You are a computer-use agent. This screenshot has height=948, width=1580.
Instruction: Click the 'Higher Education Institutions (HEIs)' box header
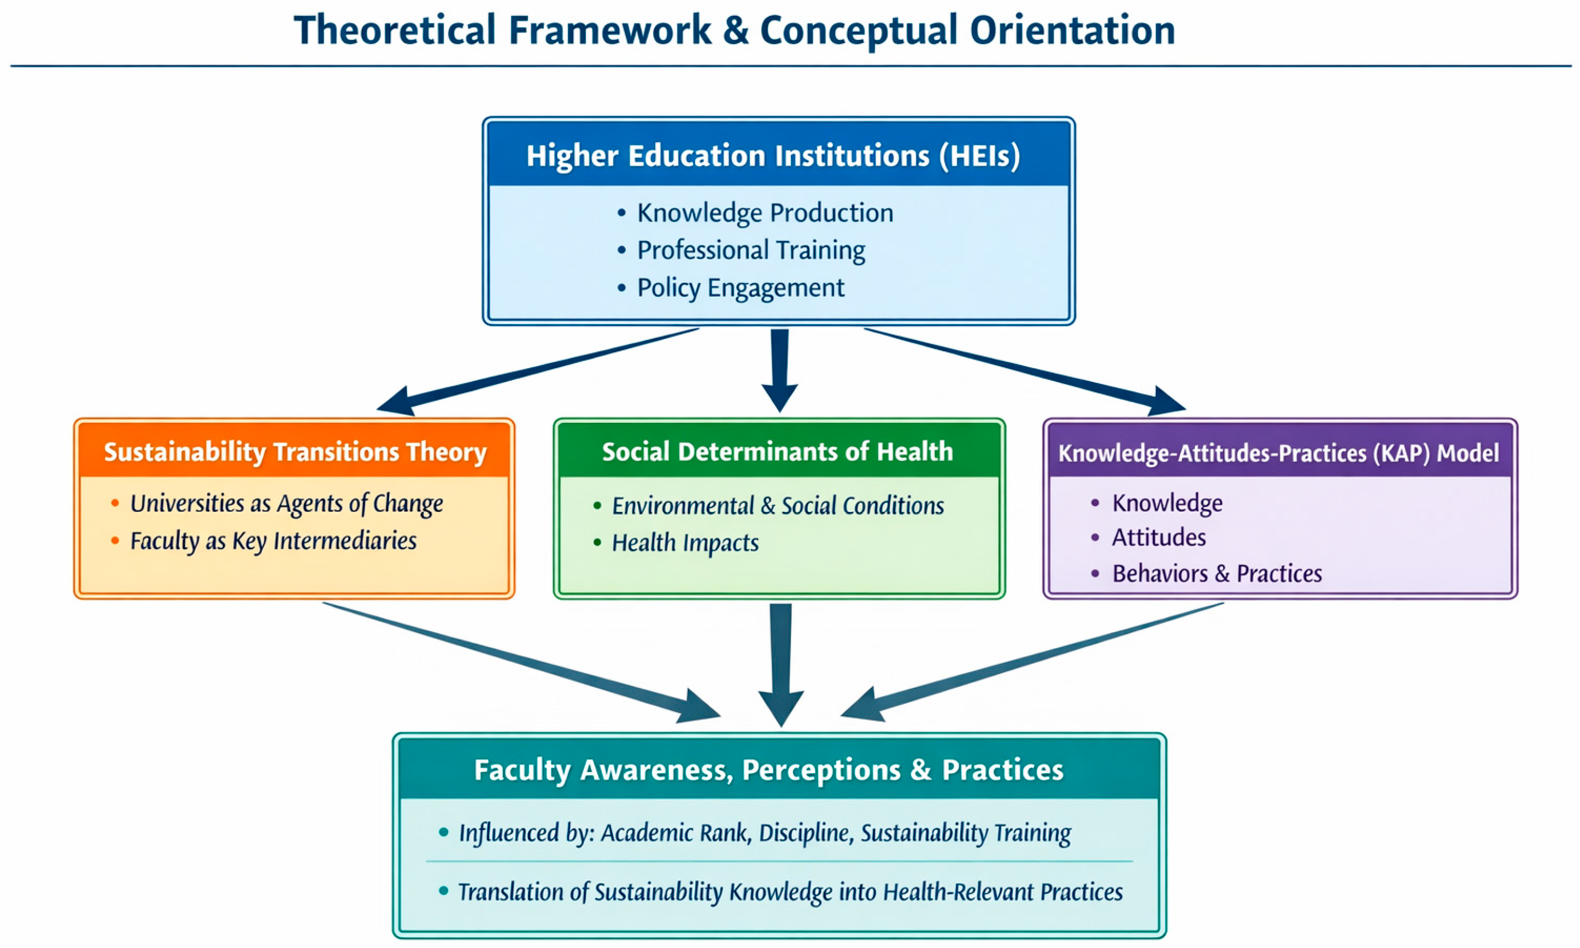pos(773,156)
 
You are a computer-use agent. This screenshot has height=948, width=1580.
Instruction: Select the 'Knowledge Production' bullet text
pos(765,213)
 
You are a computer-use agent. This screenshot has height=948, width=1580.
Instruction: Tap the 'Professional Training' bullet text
pos(751,250)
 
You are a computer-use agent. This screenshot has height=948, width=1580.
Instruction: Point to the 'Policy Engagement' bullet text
pos(741,287)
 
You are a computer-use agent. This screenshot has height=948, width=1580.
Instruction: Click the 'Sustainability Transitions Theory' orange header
pos(295,452)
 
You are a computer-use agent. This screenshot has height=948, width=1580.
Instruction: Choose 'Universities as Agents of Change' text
pos(286,503)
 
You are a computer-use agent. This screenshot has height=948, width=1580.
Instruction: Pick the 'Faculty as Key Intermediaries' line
pos(273,540)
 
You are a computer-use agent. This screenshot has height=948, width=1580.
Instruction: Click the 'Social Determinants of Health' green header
pos(778,452)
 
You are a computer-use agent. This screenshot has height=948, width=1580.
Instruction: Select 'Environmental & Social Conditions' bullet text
pos(778,505)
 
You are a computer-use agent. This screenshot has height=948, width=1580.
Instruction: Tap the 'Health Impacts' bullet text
pos(685,543)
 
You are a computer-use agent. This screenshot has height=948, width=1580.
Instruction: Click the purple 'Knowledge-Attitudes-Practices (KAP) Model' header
pos(1278,453)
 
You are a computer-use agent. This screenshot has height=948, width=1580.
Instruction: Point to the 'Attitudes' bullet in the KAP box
pos(1158,537)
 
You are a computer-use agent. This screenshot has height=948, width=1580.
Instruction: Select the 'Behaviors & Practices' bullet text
pos(1217,573)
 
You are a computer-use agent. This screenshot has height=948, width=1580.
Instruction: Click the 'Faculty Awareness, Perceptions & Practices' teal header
pos(768,770)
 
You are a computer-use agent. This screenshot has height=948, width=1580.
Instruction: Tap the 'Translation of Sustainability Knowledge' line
pos(790,892)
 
